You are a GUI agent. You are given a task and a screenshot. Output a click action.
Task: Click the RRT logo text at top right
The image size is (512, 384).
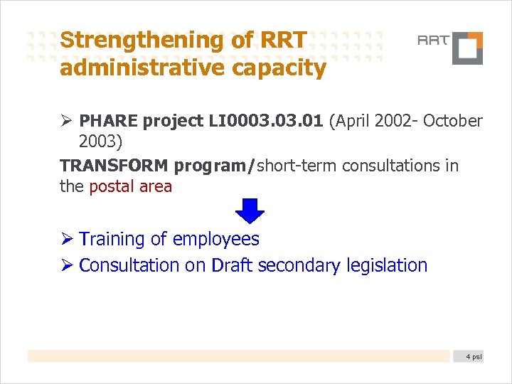coord(433,41)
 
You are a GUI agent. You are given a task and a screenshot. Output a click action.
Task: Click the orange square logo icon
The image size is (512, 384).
coord(468,48)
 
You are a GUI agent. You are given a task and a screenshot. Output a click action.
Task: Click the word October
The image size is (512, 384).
coord(452,122)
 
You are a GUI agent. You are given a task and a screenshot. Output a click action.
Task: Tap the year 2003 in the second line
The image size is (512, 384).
coord(100,142)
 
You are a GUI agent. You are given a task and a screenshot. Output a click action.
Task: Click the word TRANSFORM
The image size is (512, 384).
coord(114,166)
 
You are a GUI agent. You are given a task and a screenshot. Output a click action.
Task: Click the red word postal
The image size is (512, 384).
coord(110,187)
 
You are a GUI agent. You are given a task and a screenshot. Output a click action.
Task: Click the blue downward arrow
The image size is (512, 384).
coord(250,211)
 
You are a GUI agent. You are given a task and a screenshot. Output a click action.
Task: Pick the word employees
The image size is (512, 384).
coord(215,240)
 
